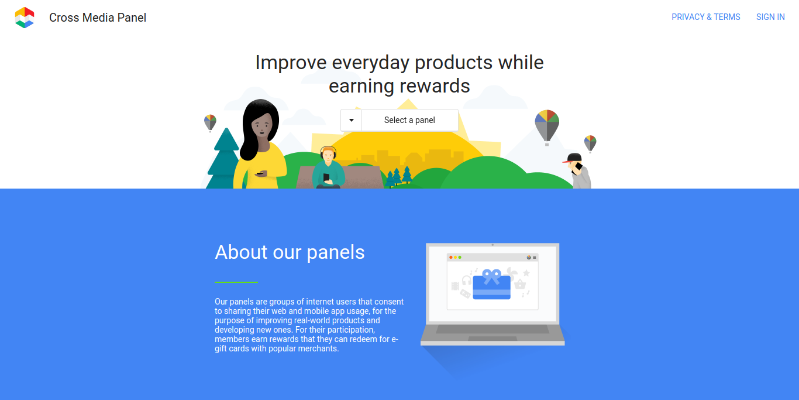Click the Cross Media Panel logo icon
pyautogui.click(x=25, y=18)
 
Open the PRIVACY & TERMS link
pyautogui.click(x=705, y=17)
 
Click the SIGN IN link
pyautogui.click(x=770, y=17)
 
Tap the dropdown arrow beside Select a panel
pyautogui.click(x=352, y=120)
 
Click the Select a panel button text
pyautogui.click(x=409, y=120)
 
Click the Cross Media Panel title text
pyautogui.click(x=98, y=18)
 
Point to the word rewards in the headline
pyautogui.click(x=432, y=86)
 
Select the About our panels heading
pyautogui.click(x=290, y=252)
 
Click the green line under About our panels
pyautogui.click(x=236, y=282)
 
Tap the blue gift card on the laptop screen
pyautogui.click(x=491, y=286)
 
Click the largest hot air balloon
pyautogui.click(x=547, y=124)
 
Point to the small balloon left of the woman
pyautogui.click(x=210, y=122)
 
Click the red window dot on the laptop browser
pyautogui.click(x=451, y=257)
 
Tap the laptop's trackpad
pyautogui.click(x=492, y=339)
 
